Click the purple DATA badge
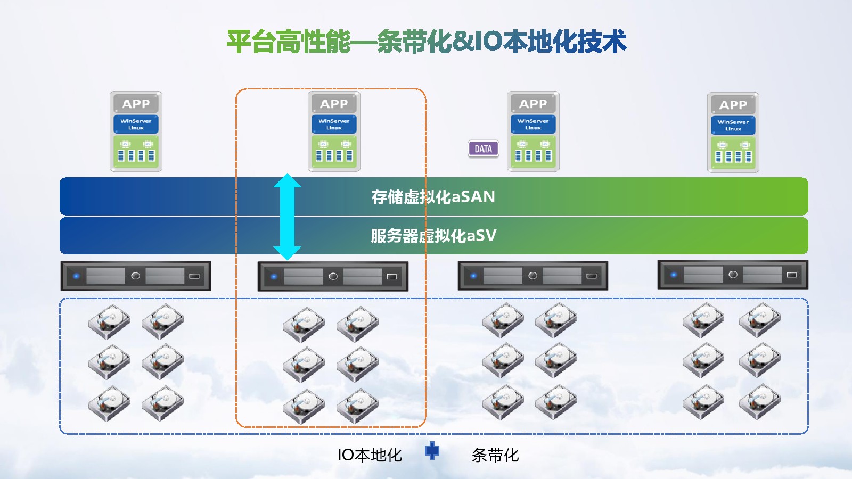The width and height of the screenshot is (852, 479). [x=484, y=149]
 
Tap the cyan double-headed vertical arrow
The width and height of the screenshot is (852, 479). [x=287, y=217]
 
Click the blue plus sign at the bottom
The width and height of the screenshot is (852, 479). [x=432, y=451]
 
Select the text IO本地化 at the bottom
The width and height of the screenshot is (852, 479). [x=370, y=455]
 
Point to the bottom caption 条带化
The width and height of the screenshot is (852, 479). [x=495, y=455]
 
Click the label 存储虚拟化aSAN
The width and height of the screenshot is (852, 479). [x=433, y=197]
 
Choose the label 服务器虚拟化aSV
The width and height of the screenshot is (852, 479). [x=433, y=236]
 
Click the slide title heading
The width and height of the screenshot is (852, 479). [x=427, y=42]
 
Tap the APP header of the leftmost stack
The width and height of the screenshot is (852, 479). [x=136, y=104]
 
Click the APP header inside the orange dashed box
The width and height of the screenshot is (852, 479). [x=334, y=104]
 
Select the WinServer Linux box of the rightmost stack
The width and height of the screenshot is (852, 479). [x=733, y=126]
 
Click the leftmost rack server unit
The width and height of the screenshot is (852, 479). [x=136, y=276]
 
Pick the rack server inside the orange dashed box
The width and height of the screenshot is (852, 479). [x=333, y=276]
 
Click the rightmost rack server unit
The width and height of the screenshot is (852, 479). [x=733, y=275]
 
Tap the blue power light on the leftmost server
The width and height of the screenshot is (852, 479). [x=76, y=276]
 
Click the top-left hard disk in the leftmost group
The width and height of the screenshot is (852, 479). [x=109, y=321]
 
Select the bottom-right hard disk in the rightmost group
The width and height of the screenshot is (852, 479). [x=759, y=401]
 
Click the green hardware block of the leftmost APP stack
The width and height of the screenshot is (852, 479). [x=136, y=151]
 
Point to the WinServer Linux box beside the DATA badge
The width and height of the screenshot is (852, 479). [x=533, y=125]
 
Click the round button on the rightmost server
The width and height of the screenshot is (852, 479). [x=733, y=275]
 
